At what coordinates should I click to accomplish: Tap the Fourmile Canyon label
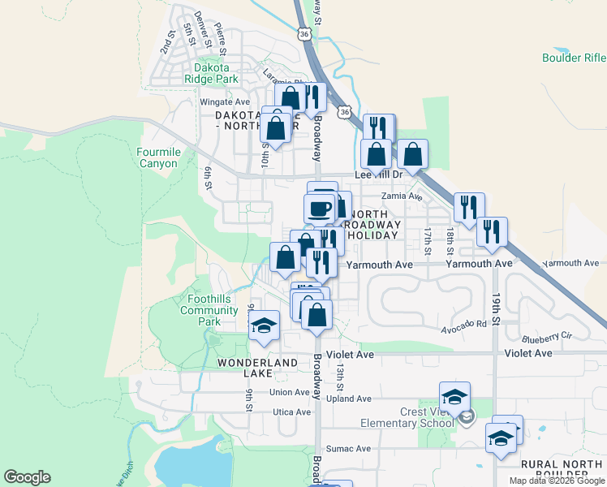pos(157,157)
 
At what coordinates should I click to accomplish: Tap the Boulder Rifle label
pos(574,58)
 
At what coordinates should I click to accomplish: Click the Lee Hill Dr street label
pos(378,175)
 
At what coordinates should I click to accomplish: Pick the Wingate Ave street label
pos(226,102)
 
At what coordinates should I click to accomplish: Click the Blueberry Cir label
pos(547,336)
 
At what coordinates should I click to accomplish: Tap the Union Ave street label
pos(291,392)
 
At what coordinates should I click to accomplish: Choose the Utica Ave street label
pos(291,412)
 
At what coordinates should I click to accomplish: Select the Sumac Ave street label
pos(348,448)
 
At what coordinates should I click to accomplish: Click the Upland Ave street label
pos(348,399)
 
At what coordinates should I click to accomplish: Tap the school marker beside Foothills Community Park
pos(263,325)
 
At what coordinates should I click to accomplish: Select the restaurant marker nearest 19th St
pos(492,231)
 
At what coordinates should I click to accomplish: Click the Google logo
pos(27,477)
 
